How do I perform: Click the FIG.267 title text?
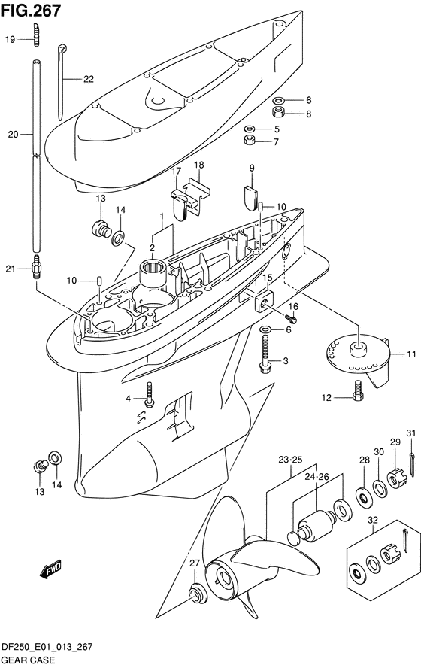31,11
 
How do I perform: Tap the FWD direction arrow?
50,569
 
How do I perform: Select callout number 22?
89,79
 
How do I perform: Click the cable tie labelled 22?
62,81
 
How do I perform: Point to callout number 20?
14,135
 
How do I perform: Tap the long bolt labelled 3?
265,354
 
